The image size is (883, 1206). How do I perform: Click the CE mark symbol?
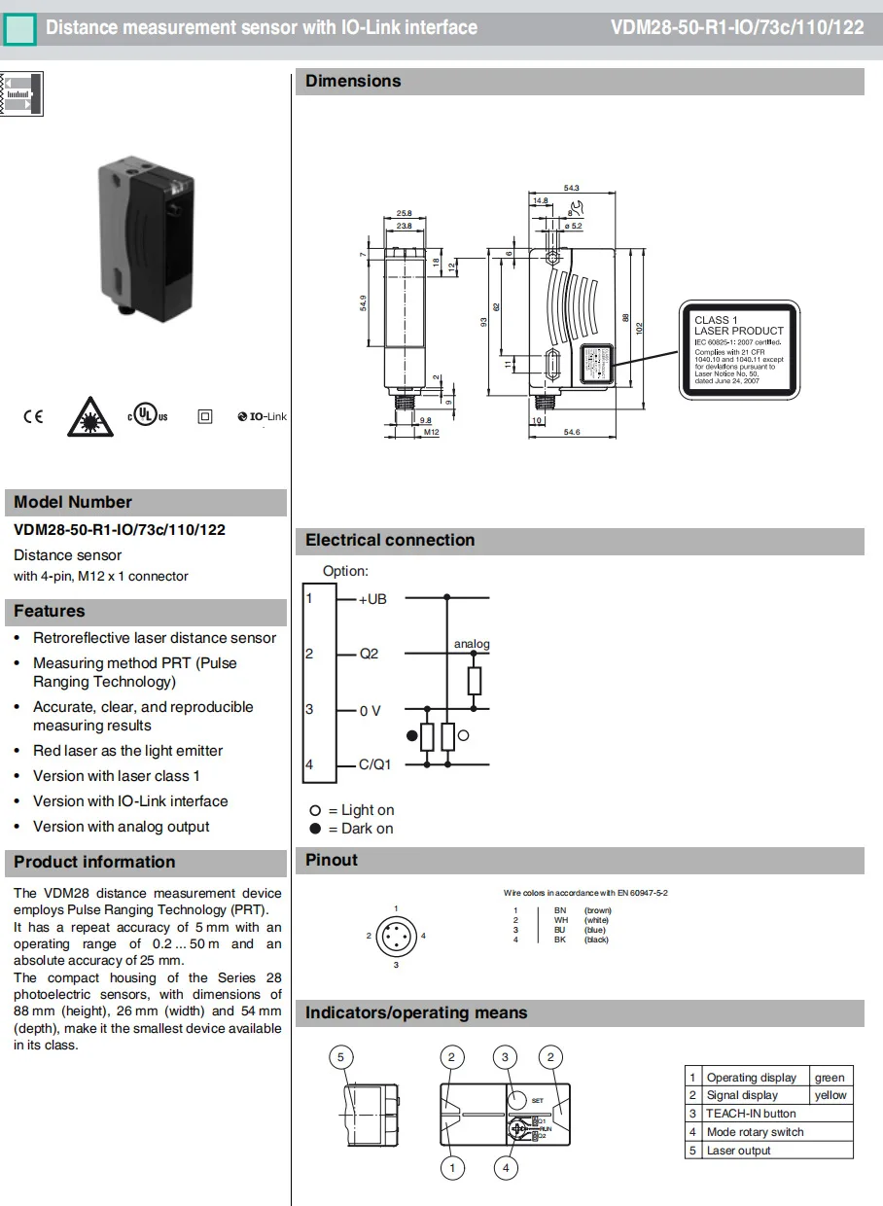(x=33, y=417)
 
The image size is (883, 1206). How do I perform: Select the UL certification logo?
(x=147, y=415)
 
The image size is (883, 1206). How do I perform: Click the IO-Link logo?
(x=262, y=416)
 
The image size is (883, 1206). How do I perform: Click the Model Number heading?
(x=73, y=503)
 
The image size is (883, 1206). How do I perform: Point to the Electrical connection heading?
(x=390, y=541)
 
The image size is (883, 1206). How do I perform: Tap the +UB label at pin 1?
(x=372, y=599)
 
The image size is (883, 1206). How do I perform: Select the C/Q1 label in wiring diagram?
(x=374, y=764)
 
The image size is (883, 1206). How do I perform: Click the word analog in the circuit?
(x=472, y=644)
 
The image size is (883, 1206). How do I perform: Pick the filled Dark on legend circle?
(x=315, y=829)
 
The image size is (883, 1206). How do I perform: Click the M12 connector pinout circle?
(x=396, y=936)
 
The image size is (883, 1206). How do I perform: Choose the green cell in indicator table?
(x=830, y=1078)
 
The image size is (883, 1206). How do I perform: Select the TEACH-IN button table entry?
(x=751, y=1114)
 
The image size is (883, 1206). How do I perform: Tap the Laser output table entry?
(x=738, y=1151)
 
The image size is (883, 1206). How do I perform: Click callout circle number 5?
(x=340, y=1057)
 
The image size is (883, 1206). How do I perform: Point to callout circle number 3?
(x=505, y=1057)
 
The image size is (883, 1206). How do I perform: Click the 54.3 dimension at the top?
(x=571, y=188)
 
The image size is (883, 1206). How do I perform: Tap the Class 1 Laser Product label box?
(x=739, y=350)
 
